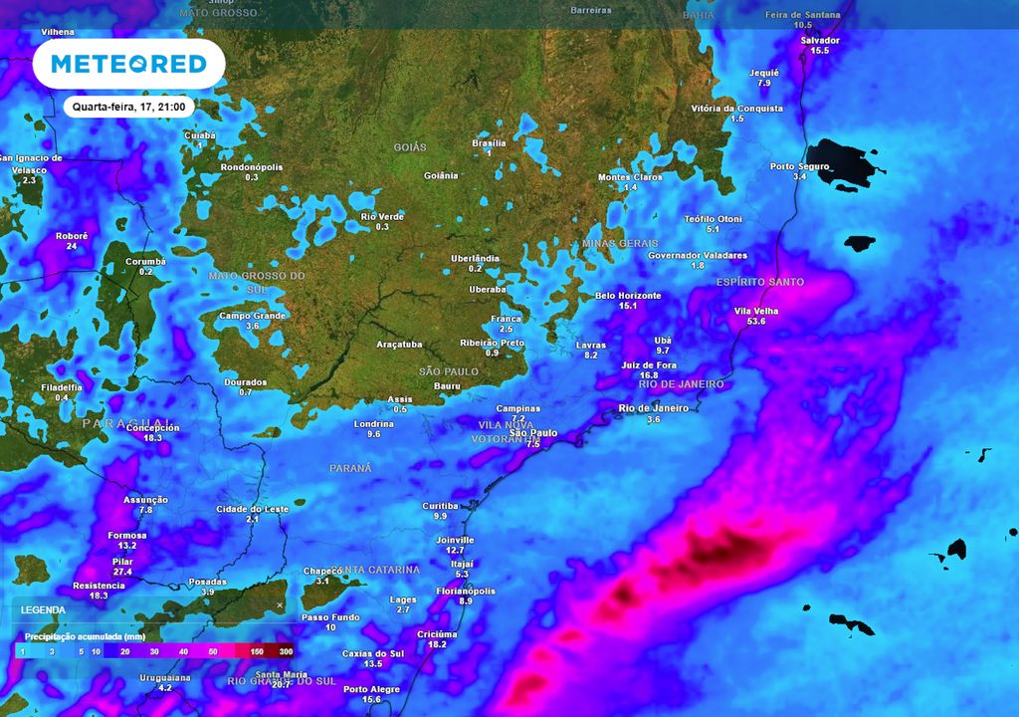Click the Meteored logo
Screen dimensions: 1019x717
(128, 65)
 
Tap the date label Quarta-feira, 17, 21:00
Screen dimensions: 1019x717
(129, 106)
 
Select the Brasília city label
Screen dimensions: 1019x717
(489, 143)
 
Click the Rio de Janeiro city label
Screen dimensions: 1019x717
(654, 408)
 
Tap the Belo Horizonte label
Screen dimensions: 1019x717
(628, 296)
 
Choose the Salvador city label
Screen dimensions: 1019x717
(820, 41)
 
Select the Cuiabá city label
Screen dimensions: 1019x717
(200, 134)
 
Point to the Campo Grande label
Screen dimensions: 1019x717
(252, 316)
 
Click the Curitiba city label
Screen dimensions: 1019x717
(440, 506)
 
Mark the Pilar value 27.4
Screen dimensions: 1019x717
(122, 572)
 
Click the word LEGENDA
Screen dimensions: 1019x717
(43, 609)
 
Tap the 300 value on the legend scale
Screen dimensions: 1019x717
(286, 650)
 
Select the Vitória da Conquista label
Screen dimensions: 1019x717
(736, 109)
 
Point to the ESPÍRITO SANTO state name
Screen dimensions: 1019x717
(759, 282)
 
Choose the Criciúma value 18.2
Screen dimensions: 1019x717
(437, 644)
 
